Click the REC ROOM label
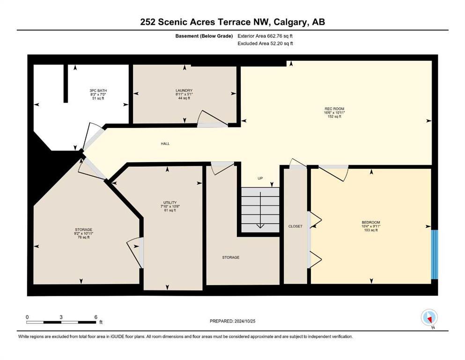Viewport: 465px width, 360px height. click(334, 109)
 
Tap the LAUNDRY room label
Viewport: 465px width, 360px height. click(184, 90)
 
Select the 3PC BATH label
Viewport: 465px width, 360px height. click(98, 90)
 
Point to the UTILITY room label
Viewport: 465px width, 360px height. click(170, 202)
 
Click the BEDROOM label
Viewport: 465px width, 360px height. click(371, 222)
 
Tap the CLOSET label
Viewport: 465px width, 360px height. click(295, 226)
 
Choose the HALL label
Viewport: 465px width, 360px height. click(165, 143)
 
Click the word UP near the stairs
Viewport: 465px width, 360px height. click(260, 179)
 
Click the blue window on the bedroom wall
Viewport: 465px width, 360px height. click(434, 255)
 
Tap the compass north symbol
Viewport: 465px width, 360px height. click(429, 318)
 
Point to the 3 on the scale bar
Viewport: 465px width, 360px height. click(61, 317)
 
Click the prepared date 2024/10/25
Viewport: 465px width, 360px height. click(244, 321)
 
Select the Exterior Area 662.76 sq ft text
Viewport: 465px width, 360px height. click(265, 36)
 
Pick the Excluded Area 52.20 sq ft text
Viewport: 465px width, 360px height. click(266, 43)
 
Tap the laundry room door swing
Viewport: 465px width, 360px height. click(213, 119)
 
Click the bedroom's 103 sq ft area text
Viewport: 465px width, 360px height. click(371, 230)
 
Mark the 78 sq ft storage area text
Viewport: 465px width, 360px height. click(84, 237)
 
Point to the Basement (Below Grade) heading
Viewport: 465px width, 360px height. click(204, 36)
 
